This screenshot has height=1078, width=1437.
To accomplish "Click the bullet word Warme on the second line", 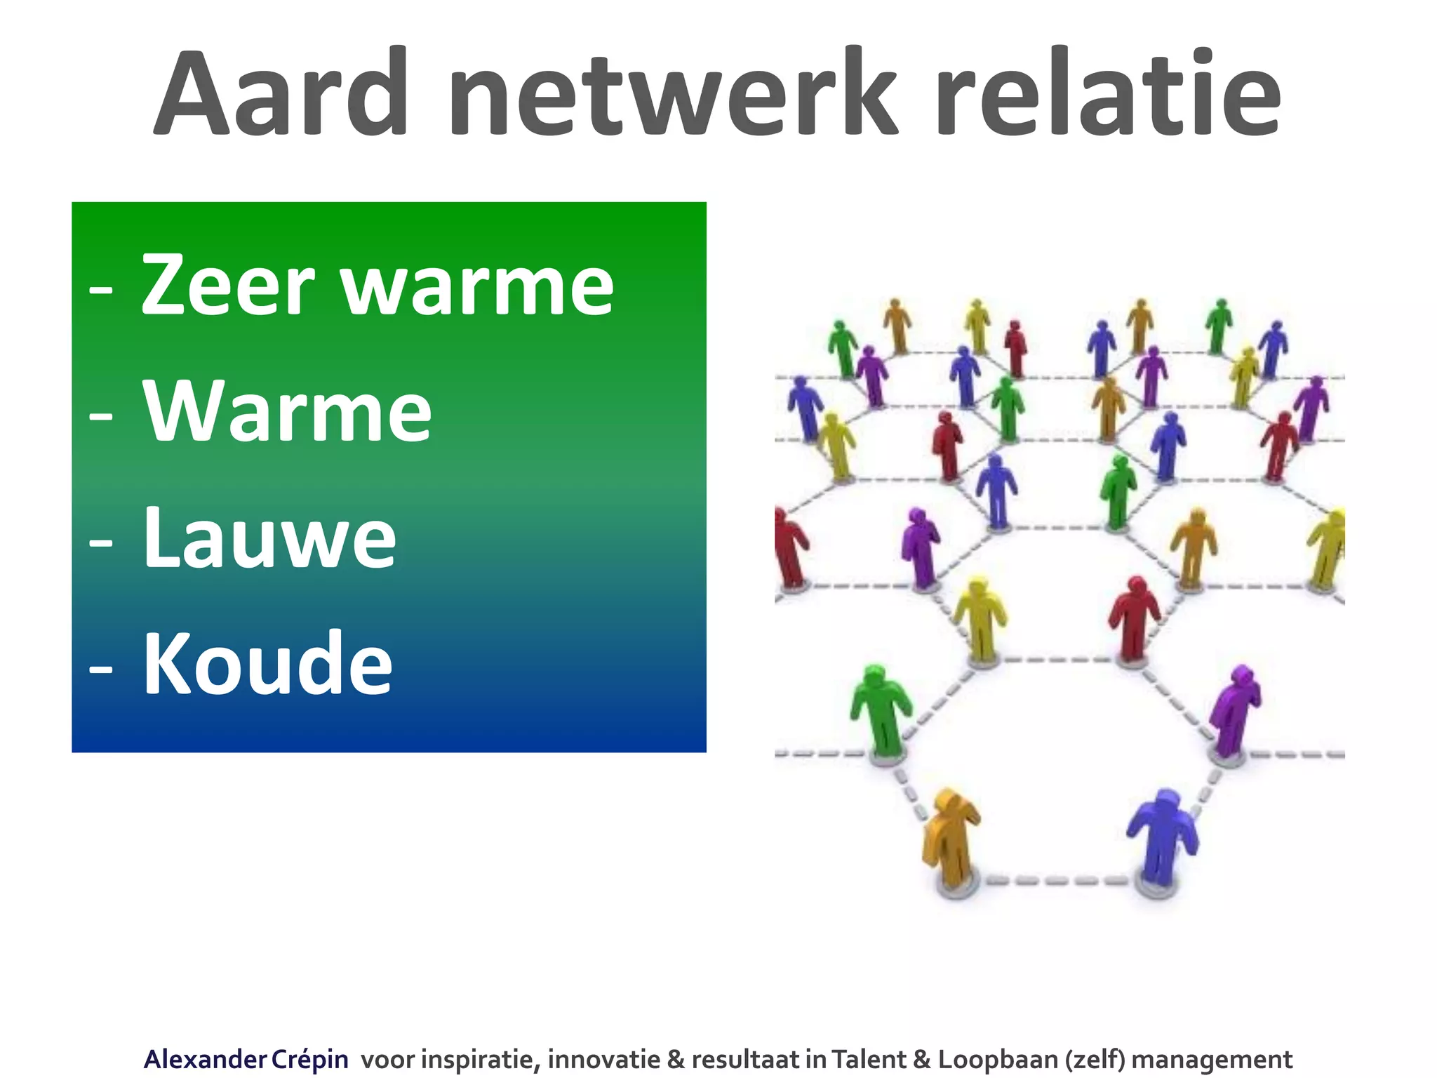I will [288, 412].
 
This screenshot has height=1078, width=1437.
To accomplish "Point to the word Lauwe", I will [270, 538].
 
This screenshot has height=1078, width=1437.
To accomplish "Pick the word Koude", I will [268, 665].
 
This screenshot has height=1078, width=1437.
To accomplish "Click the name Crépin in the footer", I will [309, 1059].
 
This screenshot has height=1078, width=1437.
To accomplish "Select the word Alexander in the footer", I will [205, 1059].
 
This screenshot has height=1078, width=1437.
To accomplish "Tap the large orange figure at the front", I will [950, 839].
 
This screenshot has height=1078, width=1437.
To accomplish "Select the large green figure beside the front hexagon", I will [880, 709].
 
